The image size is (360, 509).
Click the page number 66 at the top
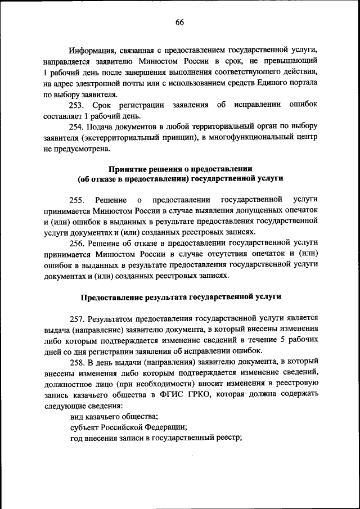point(179,22)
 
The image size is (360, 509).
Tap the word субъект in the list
point(83,427)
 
